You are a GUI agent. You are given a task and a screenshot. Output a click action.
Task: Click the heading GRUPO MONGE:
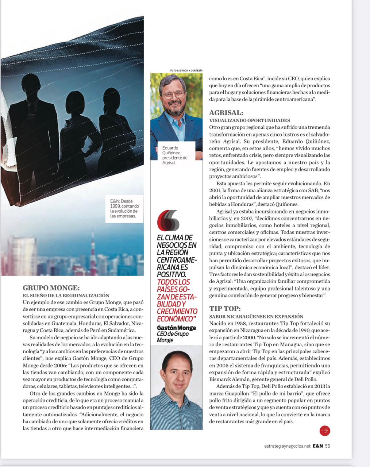click(x=51, y=288)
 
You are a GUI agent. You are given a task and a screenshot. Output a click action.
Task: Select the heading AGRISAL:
click(x=226, y=113)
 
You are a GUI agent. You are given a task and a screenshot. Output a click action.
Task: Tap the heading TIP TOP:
click(x=225, y=309)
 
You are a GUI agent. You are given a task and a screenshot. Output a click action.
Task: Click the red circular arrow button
click(x=325, y=431)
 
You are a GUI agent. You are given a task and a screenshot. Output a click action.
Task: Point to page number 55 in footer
click(x=328, y=446)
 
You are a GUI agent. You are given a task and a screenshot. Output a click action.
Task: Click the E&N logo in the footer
click(x=317, y=446)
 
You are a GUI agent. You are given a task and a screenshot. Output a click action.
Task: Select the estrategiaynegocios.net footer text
click(x=287, y=446)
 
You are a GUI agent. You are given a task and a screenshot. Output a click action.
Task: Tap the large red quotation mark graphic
click(x=168, y=220)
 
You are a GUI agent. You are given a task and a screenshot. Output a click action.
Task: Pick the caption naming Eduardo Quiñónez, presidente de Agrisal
click(x=175, y=155)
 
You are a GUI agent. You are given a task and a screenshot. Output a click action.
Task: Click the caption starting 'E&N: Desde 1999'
click(x=124, y=208)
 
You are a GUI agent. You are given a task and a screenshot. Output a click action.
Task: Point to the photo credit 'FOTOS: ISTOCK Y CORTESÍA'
click(x=186, y=70)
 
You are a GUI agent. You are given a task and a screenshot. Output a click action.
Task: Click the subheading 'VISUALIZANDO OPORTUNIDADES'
click(x=250, y=120)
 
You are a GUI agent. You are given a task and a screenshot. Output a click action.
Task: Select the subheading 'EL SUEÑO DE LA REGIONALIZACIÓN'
click(x=66, y=295)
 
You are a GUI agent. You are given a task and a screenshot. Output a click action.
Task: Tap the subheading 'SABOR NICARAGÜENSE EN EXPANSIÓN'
click(x=256, y=316)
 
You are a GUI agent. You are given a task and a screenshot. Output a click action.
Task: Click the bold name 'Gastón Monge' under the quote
click(x=176, y=328)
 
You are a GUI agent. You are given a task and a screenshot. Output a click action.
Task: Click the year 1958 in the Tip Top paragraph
click(x=243, y=324)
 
